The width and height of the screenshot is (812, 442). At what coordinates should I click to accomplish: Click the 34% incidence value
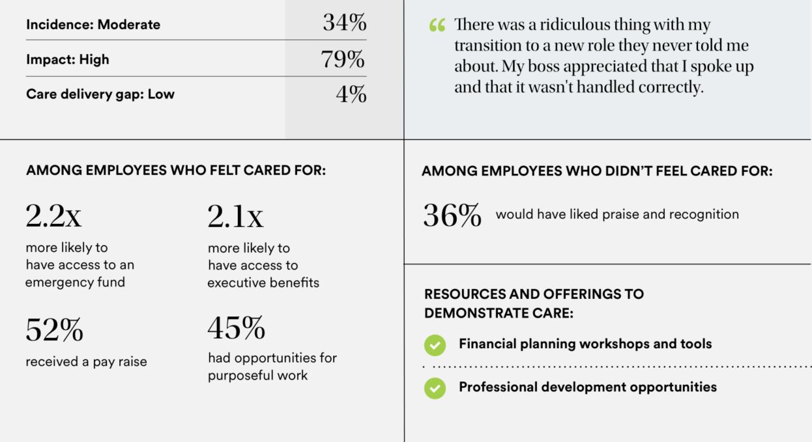pyautogui.click(x=344, y=23)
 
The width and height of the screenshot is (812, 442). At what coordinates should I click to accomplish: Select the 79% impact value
pyautogui.click(x=343, y=59)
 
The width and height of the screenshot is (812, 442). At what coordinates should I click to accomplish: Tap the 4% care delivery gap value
pyautogui.click(x=351, y=94)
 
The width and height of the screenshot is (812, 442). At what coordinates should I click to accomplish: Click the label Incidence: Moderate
pyautogui.click(x=93, y=25)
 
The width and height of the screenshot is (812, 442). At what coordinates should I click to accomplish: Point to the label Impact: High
pyautogui.click(x=68, y=59)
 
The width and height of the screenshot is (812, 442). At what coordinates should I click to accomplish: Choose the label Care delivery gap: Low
pyautogui.click(x=100, y=94)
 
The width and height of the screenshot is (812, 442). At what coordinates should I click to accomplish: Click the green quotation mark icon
pyautogui.click(x=437, y=26)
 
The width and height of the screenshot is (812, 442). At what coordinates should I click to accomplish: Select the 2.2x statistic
pyautogui.click(x=53, y=216)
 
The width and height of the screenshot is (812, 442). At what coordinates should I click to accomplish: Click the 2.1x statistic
pyautogui.click(x=235, y=216)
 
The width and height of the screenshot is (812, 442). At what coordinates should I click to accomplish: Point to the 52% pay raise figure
pyautogui.click(x=54, y=330)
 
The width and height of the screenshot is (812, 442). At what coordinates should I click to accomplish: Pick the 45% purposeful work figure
pyautogui.click(x=236, y=328)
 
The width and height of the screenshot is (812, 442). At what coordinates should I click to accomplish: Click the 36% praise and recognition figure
pyautogui.click(x=452, y=215)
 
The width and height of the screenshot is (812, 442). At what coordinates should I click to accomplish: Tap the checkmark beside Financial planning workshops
pyautogui.click(x=435, y=345)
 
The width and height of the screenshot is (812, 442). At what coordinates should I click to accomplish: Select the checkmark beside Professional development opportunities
pyautogui.click(x=435, y=388)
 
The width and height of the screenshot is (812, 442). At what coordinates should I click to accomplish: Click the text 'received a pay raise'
pyautogui.click(x=86, y=362)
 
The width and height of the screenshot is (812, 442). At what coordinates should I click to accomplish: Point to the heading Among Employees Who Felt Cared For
pyautogui.click(x=176, y=171)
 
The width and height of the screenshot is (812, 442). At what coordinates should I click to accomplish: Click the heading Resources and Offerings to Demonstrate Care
pyautogui.click(x=534, y=303)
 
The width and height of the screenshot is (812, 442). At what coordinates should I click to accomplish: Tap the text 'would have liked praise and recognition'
pyautogui.click(x=617, y=214)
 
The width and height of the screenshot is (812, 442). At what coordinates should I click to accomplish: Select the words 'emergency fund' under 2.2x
pyautogui.click(x=75, y=283)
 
